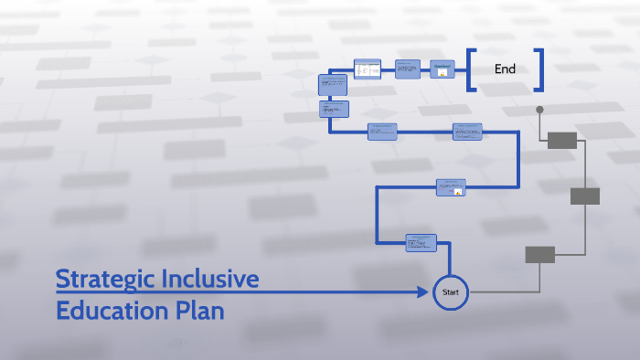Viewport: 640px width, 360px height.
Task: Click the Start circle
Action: (450, 292)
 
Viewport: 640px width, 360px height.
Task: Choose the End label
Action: (505, 69)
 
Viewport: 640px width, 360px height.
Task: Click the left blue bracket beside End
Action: (471, 69)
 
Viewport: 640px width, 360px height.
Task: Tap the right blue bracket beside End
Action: (539, 69)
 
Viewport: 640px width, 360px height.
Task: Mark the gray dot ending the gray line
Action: (539, 110)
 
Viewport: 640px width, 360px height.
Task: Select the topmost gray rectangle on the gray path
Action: (561, 140)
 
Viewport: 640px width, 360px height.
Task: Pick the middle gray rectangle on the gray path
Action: (584, 196)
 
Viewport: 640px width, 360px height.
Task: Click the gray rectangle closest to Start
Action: (539, 254)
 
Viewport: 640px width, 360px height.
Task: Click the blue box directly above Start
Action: (421, 242)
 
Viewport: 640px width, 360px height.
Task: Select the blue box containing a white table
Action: (367, 69)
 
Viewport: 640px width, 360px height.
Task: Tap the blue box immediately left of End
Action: (443, 69)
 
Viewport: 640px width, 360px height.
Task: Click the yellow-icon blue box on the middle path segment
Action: (451, 187)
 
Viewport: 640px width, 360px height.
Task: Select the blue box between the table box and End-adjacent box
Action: (408, 69)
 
